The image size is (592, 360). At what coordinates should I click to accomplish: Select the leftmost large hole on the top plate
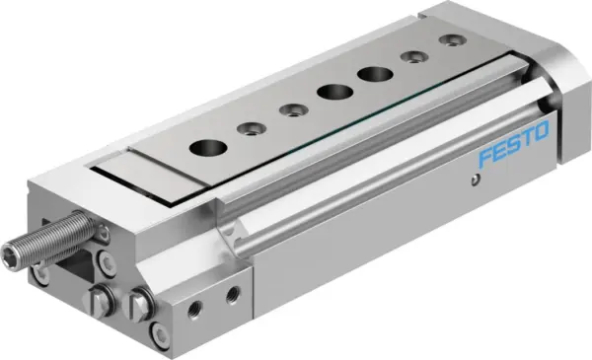point(207,147)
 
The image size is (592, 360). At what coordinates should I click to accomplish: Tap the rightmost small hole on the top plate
point(451,41)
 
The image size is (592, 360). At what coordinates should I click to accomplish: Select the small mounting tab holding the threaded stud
point(103,233)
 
